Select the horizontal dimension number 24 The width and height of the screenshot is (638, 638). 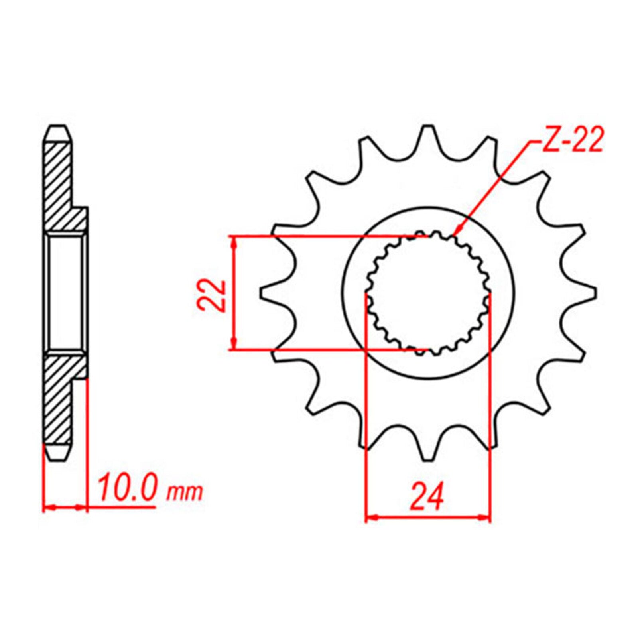[x=427, y=496]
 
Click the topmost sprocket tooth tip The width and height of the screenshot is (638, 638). [x=428, y=127]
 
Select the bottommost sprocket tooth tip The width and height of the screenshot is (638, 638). [x=428, y=460]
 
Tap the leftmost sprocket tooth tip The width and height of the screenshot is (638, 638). [x=262, y=293]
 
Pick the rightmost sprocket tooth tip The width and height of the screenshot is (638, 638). [x=595, y=293]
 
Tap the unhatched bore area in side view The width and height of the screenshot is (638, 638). [x=66, y=293]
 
